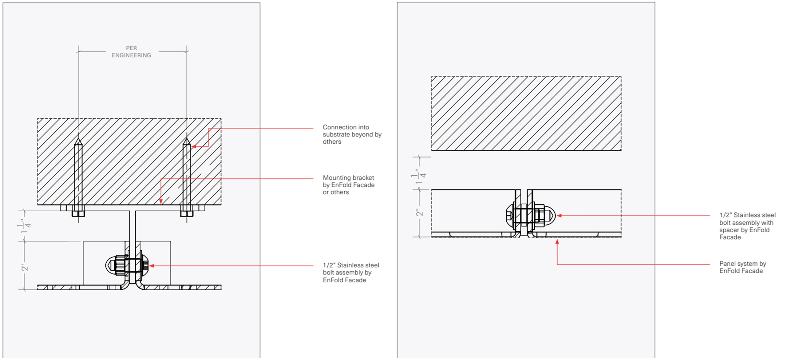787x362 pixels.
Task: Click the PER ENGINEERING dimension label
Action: pos(131,52)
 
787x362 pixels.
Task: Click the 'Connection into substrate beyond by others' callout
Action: pos(352,134)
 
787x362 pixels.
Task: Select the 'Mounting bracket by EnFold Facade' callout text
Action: pos(348,185)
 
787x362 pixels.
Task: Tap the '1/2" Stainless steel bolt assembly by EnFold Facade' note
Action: pos(351,272)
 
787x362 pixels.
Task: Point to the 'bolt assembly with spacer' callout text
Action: pos(747,226)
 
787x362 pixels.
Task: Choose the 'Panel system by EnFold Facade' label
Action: pos(742,267)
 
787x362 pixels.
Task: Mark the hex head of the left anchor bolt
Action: pos(78,214)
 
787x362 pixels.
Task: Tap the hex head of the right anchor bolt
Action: pos(187,214)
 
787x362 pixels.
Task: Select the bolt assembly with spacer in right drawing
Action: pos(530,215)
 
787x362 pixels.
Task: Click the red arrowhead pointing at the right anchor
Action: pos(194,147)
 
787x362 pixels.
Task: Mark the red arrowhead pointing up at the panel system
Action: pos(557,242)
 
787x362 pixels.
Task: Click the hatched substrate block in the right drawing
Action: pos(526,113)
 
